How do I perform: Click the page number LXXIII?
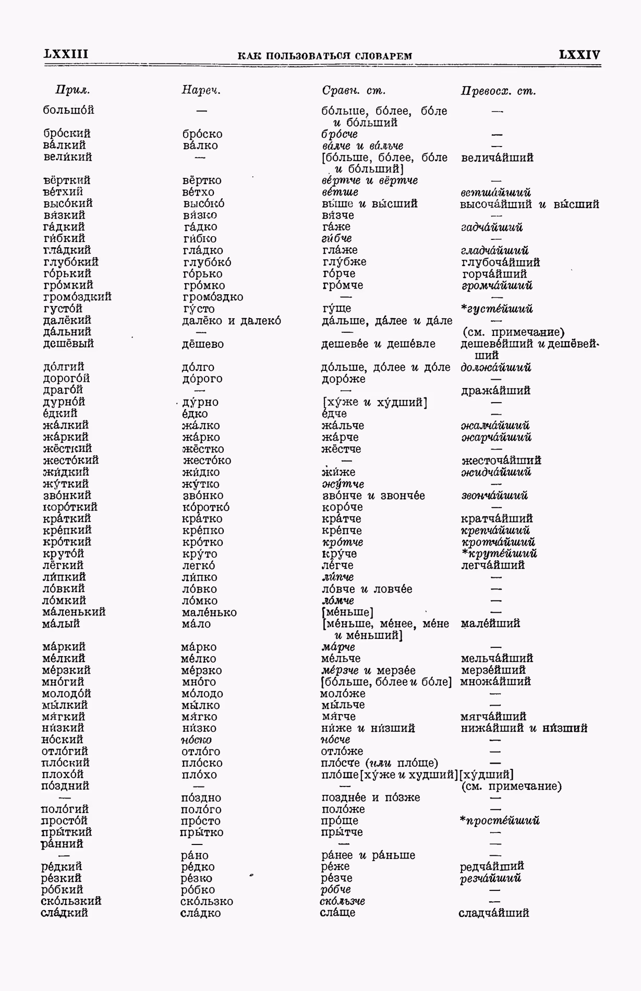coord(66,54)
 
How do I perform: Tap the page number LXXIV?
coord(579,55)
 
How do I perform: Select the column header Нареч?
coord(201,90)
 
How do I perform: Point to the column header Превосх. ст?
coord(498,91)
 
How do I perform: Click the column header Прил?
coord(72,90)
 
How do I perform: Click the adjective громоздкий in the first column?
coord(77,297)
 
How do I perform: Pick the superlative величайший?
coord(497,158)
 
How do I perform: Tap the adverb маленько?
coord(209,612)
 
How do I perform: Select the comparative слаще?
coord(337,912)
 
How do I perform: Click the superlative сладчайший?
coord(493,913)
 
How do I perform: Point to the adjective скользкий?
coord(71,901)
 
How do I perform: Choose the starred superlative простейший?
coord(499,820)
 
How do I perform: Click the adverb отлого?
coord(201,752)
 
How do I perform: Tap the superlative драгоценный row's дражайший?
coord(495,391)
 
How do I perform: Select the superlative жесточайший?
coord(501,461)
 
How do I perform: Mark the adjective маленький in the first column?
coord(74,612)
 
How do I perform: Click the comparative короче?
coord(342,507)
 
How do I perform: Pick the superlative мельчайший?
coord(497,658)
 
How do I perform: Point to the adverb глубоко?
coord(207,262)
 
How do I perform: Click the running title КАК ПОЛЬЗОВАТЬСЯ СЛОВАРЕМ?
coord(324,56)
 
